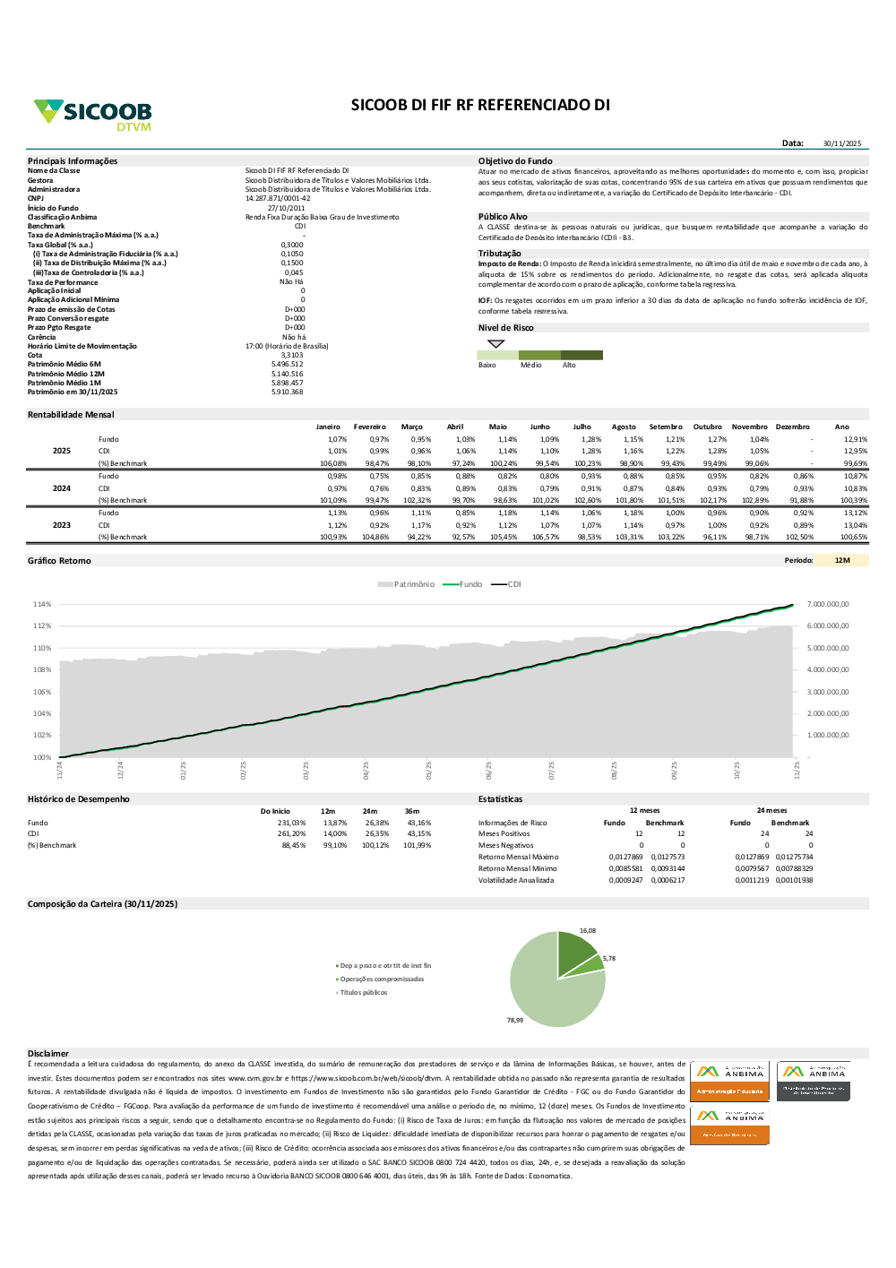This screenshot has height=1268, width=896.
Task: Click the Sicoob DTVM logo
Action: [93, 115]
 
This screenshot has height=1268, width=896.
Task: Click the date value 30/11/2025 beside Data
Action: [841, 143]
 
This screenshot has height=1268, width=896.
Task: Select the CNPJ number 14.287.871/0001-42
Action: [278, 198]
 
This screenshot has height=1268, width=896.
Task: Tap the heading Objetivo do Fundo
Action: [515, 161]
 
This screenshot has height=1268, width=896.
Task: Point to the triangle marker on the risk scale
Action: [496, 343]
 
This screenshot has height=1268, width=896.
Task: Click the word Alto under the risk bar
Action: [569, 365]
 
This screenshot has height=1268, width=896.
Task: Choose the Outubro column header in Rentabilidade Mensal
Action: [707, 427]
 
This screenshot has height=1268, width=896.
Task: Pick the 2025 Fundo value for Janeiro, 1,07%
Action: [337, 439]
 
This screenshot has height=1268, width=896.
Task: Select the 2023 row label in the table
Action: [62, 525]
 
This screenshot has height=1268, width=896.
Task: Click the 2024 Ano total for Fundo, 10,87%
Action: [855, 476]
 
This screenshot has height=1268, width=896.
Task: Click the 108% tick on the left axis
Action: [42, 669]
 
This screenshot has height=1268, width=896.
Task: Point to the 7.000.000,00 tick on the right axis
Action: [827, 604]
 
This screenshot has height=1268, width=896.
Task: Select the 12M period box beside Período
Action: [842, 560]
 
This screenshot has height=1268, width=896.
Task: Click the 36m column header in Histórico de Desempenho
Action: [412, 811]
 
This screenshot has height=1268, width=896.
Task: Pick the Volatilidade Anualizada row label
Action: [516, 880]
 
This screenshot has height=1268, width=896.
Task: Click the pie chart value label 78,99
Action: [514, 1020]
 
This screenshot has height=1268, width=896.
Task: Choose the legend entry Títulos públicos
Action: [363, 992]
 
